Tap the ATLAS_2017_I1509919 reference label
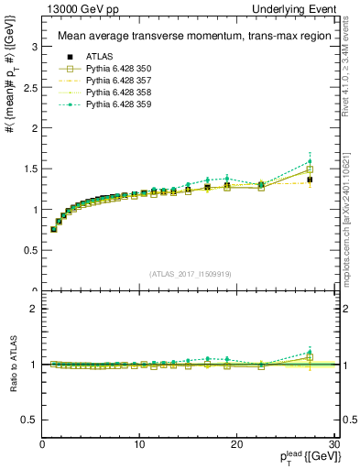tap(190, 273)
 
